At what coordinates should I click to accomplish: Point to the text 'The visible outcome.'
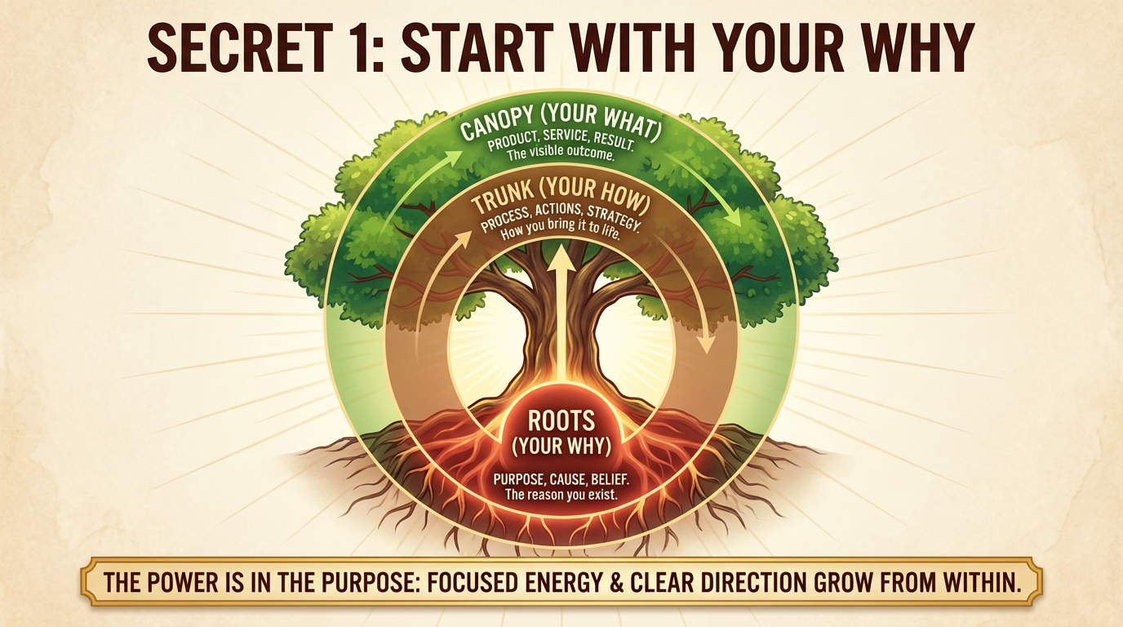[x=560, y=153]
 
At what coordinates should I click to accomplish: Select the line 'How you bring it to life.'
[x=561, y=229]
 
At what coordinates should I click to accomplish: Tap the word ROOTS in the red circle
[x=561, y=420]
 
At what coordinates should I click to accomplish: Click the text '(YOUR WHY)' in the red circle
[x=561, y=447]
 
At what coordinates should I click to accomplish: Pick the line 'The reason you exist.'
[x=561, y=495]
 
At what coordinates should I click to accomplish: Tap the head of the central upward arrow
[x=561, y=256]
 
